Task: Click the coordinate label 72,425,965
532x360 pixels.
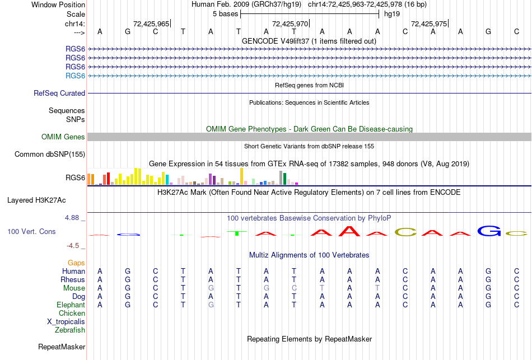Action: tap(151, 24)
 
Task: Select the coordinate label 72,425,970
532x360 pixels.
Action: tap(290, 24)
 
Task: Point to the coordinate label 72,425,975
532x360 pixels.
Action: tap(429, 24)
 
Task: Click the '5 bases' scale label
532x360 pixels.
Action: tap(225, 13)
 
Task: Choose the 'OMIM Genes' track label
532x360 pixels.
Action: tap(63, 137)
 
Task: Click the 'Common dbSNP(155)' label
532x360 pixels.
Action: tap(50, 155)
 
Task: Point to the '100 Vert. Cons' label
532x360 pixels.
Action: tap(31, 231)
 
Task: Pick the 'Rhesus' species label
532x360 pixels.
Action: tap(73, 280)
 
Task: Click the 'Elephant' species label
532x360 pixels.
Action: tap(71, 305)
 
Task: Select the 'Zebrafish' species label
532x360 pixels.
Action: tap(70, 330)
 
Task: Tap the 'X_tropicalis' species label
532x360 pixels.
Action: tap(66, 322)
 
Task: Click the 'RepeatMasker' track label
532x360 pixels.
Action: tap(62, 347)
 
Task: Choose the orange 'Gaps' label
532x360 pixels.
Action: tap(76, 263)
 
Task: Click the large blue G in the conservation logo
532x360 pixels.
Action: tap(489, 230)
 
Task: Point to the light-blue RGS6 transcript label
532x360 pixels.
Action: tap(75, 76)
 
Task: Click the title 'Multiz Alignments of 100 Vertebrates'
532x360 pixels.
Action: tap(309, 255)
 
